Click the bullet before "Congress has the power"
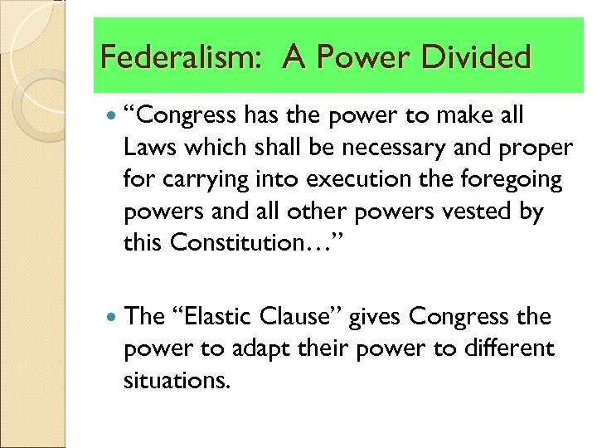click(x=112, y=116)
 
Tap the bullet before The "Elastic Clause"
click(x=112, y=316)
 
